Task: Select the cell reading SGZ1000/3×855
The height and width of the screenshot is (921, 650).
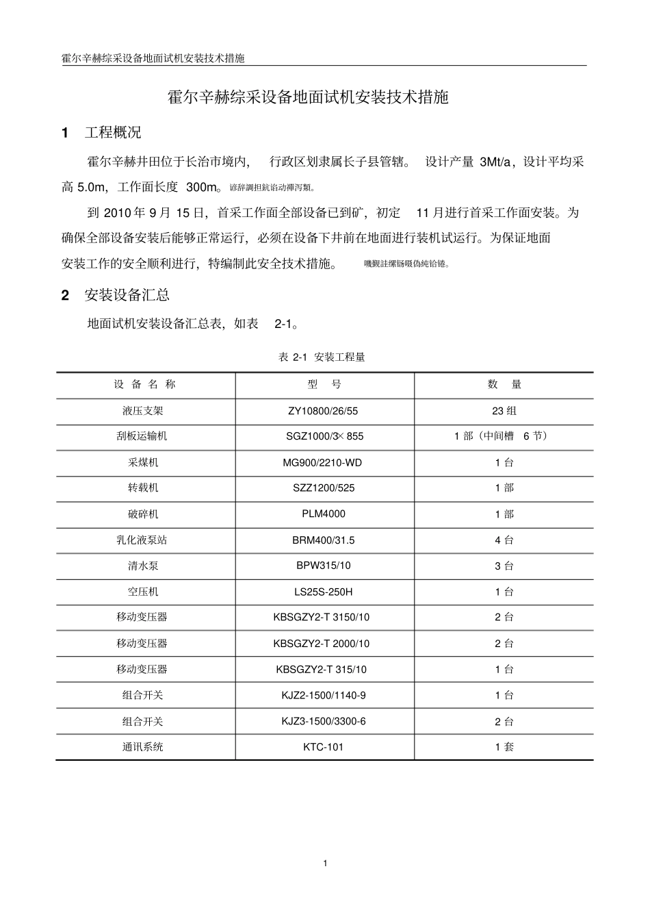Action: point(324,436)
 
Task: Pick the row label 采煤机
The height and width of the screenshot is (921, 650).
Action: point(143,462)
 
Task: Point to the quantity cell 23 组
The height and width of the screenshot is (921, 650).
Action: point(504,411)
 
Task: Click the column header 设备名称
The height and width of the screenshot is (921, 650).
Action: point(145,385)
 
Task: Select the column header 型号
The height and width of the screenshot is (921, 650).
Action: point(324,385)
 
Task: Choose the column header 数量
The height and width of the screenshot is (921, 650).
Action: point(504,385)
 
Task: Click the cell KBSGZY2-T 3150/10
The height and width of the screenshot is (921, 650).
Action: point(321,617)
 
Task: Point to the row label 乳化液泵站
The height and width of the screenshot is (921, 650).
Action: point(142,540)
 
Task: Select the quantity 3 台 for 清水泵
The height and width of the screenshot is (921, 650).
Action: point(504,566)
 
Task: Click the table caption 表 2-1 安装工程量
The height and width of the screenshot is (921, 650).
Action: point(322,357)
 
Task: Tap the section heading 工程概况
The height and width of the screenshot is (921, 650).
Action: point(113,133)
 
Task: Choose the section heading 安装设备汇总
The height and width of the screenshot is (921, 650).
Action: point(127,295)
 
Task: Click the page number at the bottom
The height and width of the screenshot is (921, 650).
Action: point(326,863)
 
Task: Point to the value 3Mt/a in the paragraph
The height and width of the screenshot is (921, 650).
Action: point(499,162)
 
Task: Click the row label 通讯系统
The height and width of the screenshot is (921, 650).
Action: point(143,746)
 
